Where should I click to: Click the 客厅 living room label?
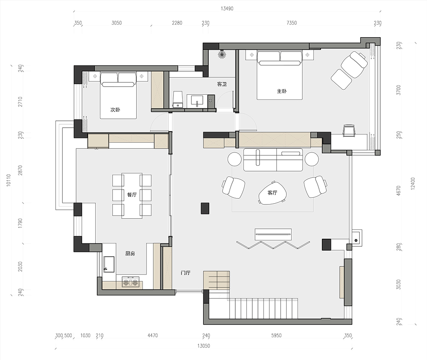point(272,193)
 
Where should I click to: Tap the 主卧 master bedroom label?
point(281,91)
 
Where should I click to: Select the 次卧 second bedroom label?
point(115,110)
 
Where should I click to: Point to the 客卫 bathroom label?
point(222,84)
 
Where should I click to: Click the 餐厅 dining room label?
point(132,195)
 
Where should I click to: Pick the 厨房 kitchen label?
point(130,254)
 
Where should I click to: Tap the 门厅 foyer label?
point(185,272)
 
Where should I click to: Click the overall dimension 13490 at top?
point(227,9)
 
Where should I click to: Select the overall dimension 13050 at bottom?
point(203,346)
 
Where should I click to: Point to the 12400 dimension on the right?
point(413,184)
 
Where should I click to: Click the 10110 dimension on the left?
point(9,180)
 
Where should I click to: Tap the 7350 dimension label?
point(291,23)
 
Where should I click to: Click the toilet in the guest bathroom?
point(178,100)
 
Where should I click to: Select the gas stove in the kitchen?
point(130,281)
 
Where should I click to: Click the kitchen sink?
point(109,264)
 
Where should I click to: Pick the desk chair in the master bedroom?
point(350,130)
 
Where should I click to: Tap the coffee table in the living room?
point(272,193)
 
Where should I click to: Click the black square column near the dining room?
point(205,208)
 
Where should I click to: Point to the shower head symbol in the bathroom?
point(222,55)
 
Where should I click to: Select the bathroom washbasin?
point(196,100)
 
